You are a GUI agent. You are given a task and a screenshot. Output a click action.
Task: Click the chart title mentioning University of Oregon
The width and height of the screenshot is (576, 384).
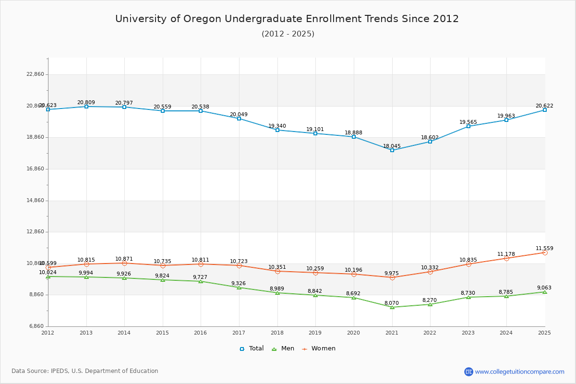[x=287, y=19]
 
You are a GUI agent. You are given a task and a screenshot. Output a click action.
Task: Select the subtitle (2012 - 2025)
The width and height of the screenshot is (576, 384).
[x=288, y=34]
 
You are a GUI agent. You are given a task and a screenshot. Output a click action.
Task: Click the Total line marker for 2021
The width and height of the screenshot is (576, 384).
[x=392, y=150]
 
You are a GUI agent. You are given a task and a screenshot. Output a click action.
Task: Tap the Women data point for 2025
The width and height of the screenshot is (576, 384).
[x=545, y=252]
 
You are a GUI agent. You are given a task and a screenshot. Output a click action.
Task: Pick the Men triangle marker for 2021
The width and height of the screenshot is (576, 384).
[x=392, y=307]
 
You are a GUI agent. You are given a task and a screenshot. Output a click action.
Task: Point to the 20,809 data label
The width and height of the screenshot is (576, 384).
[x=86, y=103]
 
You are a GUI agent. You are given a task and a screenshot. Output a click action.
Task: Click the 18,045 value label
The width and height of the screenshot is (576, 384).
[x=392, y=146]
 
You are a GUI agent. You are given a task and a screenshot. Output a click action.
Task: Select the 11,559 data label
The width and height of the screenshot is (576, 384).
[x=544, y=249]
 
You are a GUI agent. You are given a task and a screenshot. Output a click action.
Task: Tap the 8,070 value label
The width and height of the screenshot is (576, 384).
[x=392, y=303]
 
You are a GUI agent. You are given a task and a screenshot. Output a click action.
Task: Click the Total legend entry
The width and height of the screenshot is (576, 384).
[x=252, y=348]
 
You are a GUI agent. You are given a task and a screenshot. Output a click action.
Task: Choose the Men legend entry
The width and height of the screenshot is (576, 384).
[x=284, y=348]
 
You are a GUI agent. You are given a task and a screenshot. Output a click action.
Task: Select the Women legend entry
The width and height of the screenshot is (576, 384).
[x=319, y=348]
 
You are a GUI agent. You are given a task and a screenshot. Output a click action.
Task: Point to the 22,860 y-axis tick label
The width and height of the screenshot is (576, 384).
[x=35, y=74]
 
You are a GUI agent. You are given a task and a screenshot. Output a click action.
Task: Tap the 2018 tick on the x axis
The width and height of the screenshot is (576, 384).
[x=277, y=333]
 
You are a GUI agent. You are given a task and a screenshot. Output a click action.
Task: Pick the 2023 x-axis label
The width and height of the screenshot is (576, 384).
[x=468, y=333]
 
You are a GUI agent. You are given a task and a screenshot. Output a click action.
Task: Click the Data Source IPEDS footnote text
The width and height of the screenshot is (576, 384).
[x=85, y=371]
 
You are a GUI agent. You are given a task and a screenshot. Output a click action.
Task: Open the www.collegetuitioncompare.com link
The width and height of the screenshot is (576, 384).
[x=520, y=372]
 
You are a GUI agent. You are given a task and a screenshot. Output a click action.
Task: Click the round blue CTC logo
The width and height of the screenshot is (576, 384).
[x=468, y=372]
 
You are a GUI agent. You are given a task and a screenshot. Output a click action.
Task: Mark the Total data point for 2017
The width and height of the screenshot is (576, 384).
[x=239, y=119]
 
